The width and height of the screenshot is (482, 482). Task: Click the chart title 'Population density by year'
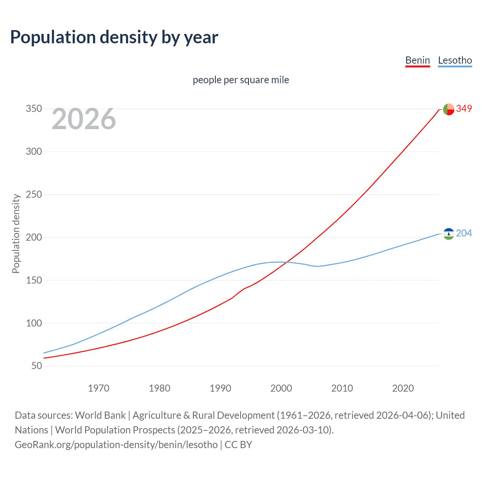pyautogui.click(x=114, y=37)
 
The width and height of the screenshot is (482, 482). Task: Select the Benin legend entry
pyautogui.click(x=417, y=60)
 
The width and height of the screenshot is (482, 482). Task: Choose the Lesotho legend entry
pyautogui.click(x=455, y=60)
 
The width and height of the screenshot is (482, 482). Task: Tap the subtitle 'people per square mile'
pyautogui.click(x=241, y=80)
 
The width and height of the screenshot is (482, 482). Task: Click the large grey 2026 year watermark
pyautogui.click(x=84, y=119)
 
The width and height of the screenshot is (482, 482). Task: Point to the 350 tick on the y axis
pyautogui.click(x=34, y=109)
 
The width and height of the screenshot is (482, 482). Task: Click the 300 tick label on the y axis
pyautogui.click(x=34, y=152)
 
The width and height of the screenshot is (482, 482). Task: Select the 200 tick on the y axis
pyautogui.click(x=34, y=237)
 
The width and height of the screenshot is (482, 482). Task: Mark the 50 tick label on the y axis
pyautogui.click(x=36, y=366)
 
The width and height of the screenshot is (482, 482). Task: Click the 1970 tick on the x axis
pyautogui.click(x=99, y=388)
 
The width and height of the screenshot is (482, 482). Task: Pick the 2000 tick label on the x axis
pyautogui.click(x=281, y=388)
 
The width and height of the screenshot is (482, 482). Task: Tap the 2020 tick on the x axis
pyautogui.click(x=403, y=388)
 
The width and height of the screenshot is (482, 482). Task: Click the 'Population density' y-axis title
pyautogui.click(x=16, y=233)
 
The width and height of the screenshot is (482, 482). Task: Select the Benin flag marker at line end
pyautogui.click(x=448, y=109)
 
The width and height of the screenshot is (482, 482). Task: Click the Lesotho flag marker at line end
pyautogui.click(x=448, y=234)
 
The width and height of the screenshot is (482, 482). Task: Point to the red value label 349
pyautogui.click(x=464, y=108)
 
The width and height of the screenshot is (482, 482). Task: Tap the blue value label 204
pyautogui.click(x=464, y=233)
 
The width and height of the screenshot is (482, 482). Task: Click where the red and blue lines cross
pyautogui.click(x=287, y=262)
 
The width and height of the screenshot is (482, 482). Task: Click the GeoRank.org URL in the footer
pyautogui.click(x=116, y=445)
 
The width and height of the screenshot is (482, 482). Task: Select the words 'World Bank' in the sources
pyautogui.click(x=100, y=415)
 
